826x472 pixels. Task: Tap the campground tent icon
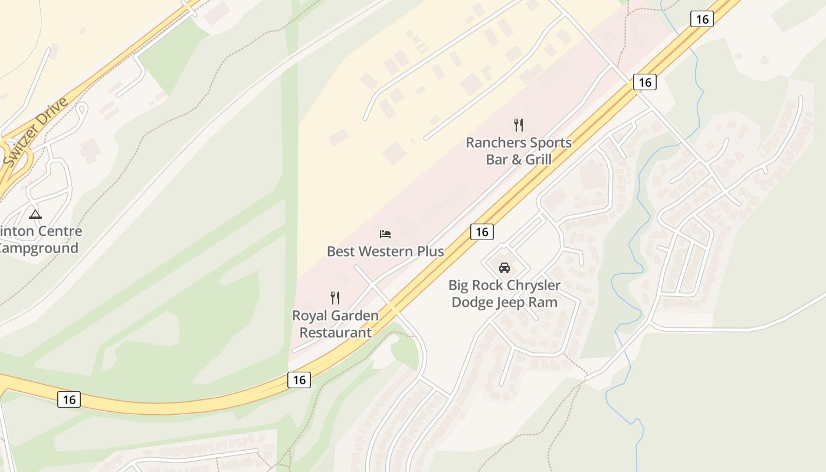coord(35,214)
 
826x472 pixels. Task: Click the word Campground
coord(39,248)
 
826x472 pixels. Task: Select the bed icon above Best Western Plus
coord(385,234)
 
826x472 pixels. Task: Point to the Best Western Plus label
coord(385,251)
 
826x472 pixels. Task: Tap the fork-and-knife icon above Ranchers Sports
coord(519,125)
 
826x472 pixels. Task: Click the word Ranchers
coord(494,143)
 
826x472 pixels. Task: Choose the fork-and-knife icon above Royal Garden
coord(335,298)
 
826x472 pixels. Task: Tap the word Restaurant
coord(336,332)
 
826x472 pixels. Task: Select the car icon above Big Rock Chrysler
coord(504,268)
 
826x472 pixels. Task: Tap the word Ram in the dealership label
coord(546,302)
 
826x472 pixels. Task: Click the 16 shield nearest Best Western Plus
coord(481,232)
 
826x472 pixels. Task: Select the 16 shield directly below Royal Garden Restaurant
coord(299,379)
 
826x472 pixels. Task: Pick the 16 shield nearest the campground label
coord(69,399)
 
